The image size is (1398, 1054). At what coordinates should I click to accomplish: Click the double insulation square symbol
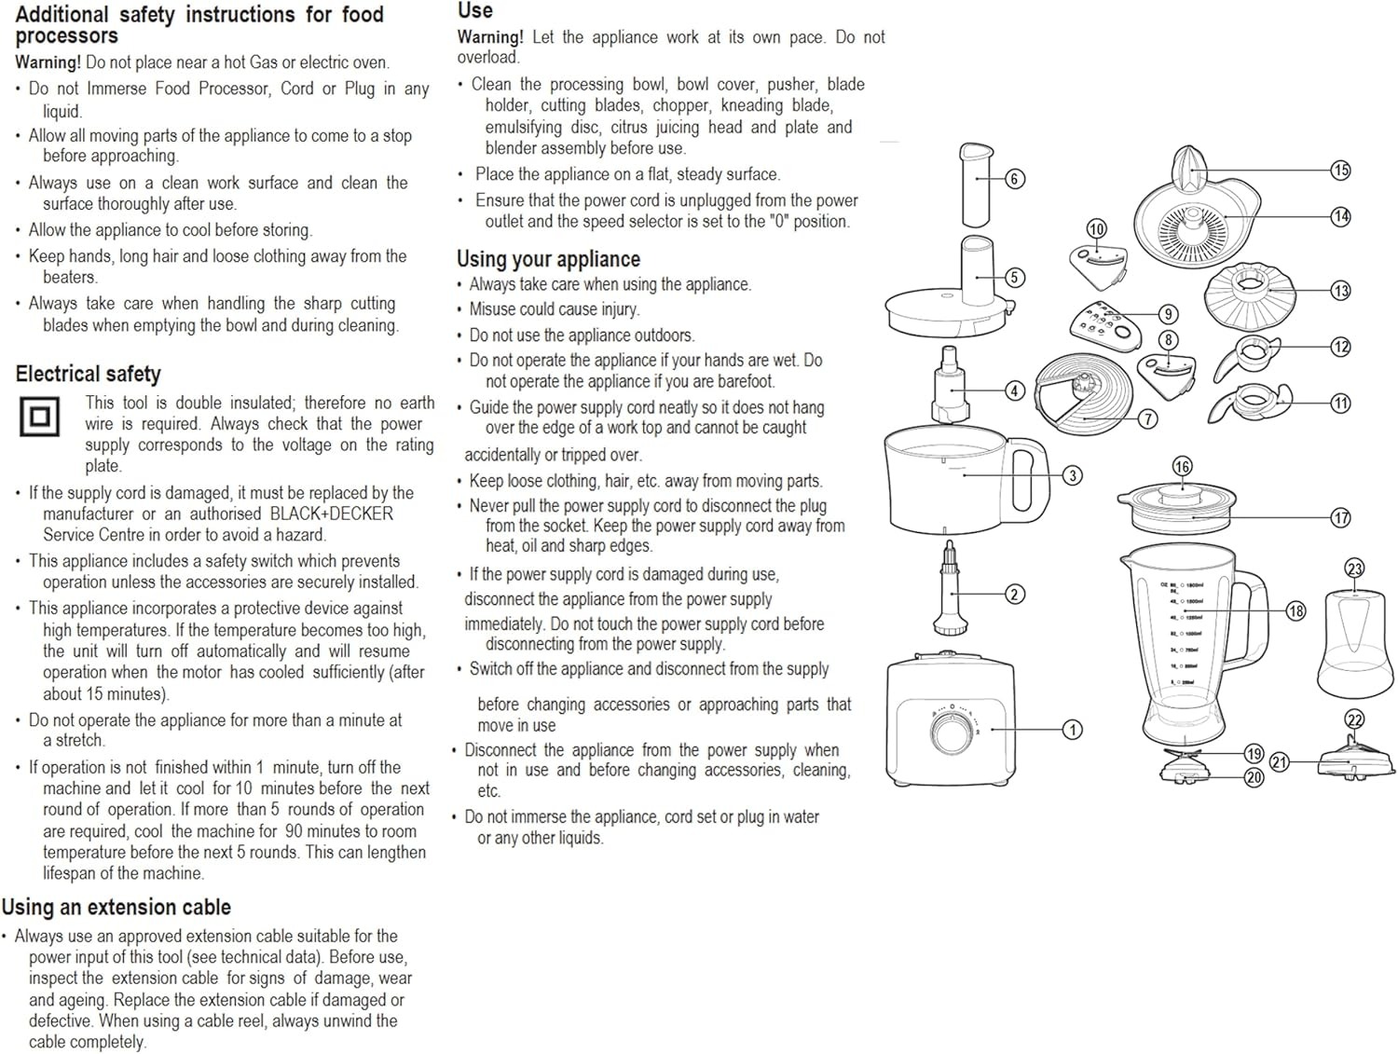coord(39,417)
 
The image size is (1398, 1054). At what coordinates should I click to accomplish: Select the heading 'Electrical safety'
coord(88,375)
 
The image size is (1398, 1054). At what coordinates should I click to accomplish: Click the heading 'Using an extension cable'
coord(116,908)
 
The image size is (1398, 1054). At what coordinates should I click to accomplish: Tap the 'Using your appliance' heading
coord(548,259)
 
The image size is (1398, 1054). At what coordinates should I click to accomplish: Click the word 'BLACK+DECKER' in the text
coord(332,513)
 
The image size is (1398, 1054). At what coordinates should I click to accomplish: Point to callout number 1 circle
coord(1073,730)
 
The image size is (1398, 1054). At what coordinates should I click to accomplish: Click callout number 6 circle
coord(1015,179)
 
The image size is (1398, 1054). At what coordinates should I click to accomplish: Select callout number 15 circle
coord(1340,170)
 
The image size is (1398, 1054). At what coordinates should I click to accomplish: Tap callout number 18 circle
coord(1295,611)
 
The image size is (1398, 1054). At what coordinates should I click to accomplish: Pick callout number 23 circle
coord(1354,568)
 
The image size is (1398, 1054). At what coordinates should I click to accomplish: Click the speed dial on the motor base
coord(952,731)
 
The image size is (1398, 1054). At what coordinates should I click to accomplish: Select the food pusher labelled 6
coord(977,185)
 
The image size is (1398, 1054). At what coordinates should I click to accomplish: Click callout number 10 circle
coord(1097,229)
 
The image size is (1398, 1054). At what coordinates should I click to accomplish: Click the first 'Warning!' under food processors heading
coord(48,62)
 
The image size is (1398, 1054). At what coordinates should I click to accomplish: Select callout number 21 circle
coord(1280,762)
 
